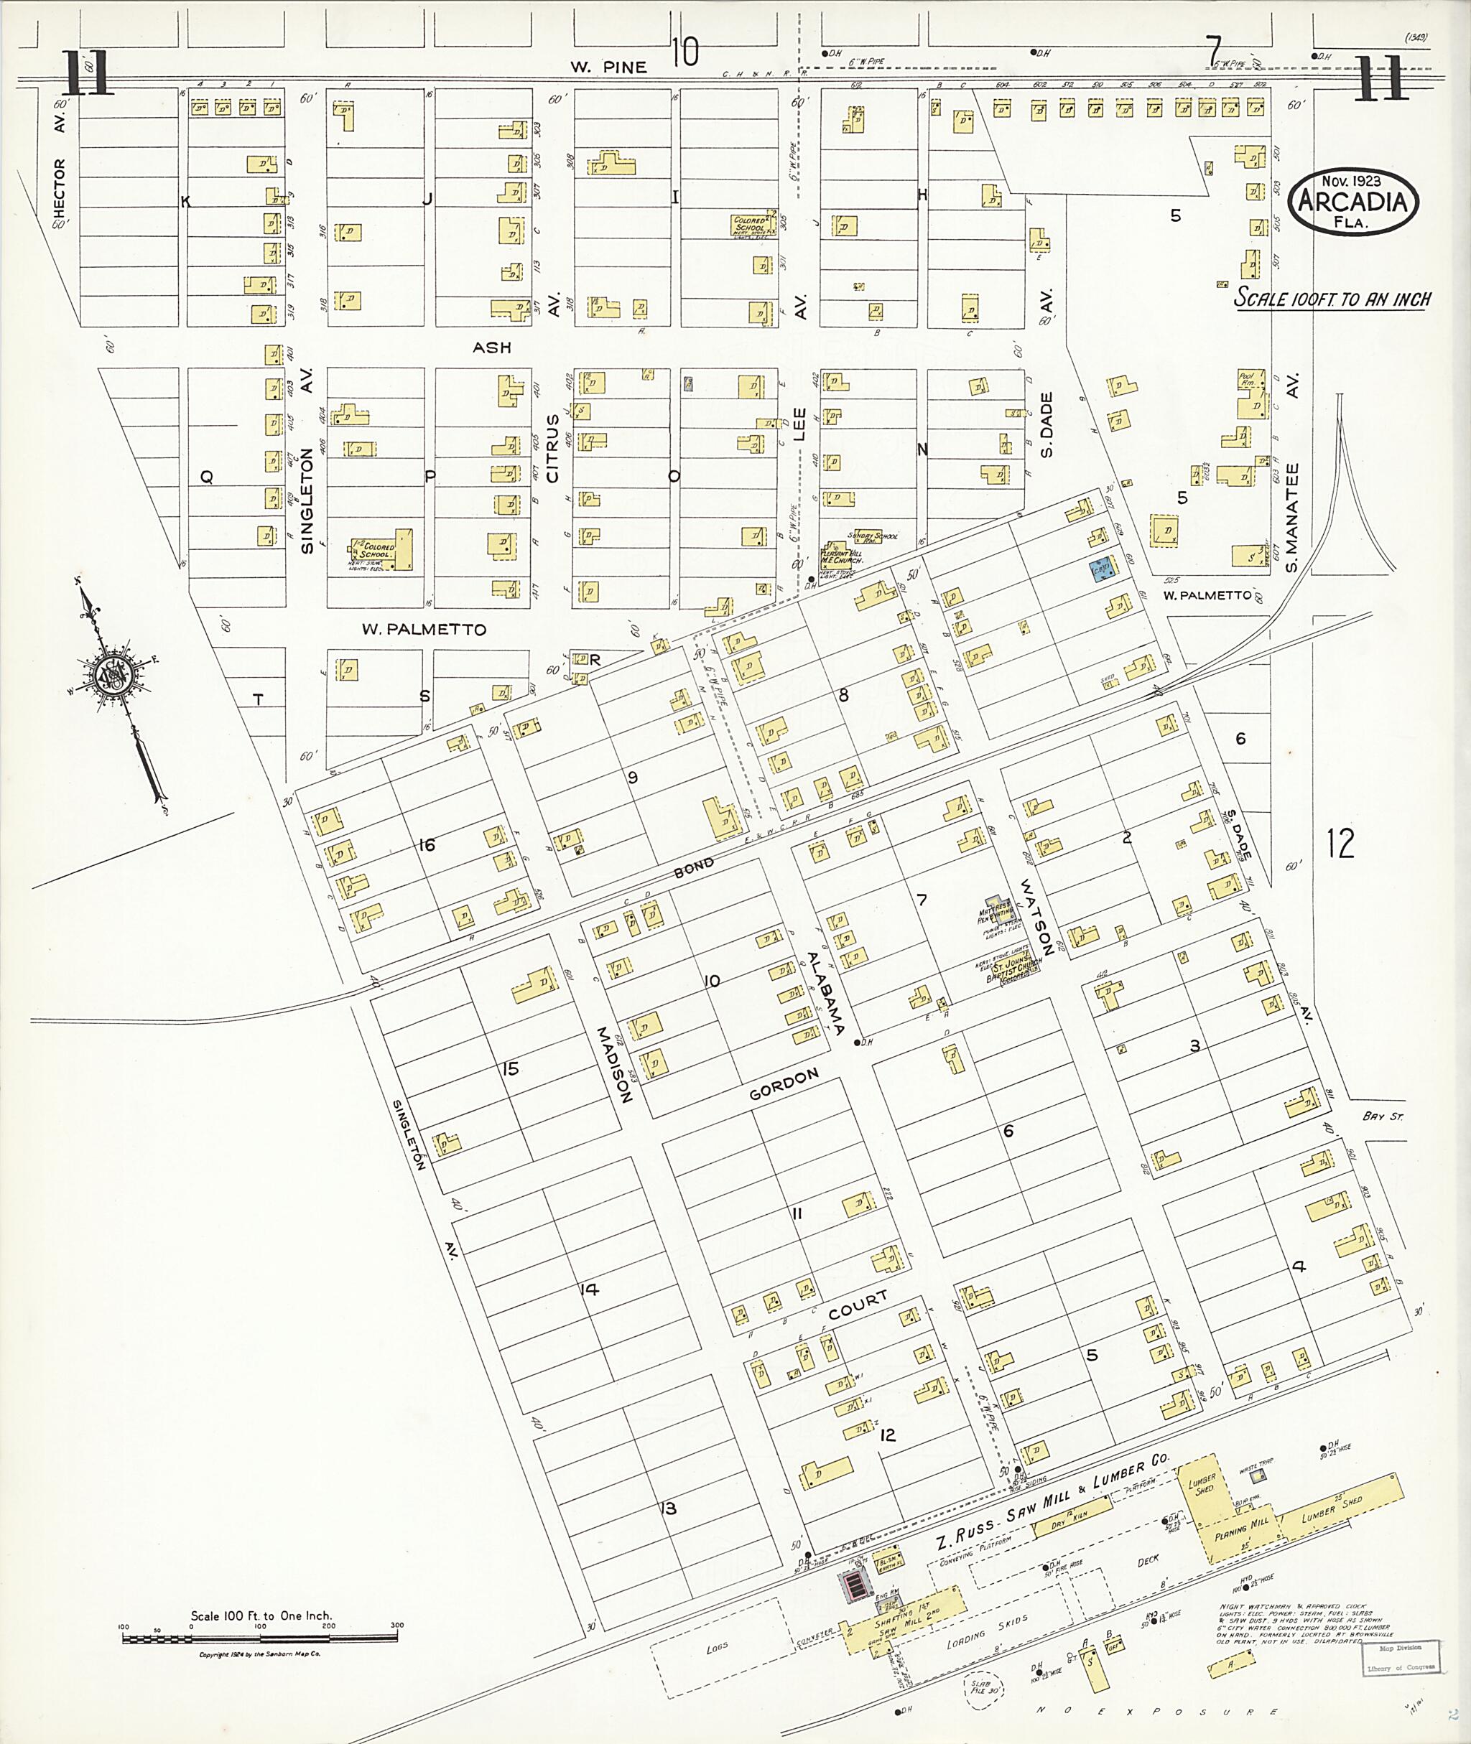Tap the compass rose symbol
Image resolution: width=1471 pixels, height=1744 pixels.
point(111,672)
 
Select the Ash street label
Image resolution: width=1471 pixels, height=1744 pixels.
point(491,347)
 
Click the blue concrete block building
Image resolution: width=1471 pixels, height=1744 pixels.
point(1102,569)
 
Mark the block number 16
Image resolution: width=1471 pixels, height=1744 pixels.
point(427,845)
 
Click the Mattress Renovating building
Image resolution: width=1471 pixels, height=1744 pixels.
point(996,910)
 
